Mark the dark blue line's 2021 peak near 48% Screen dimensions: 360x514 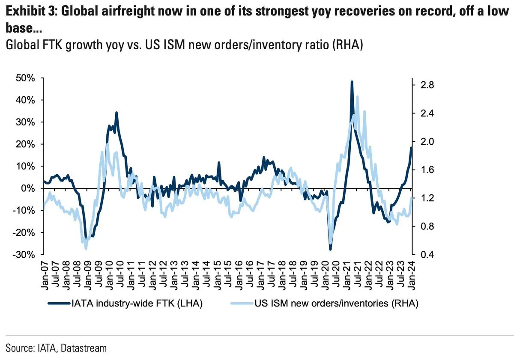[x=352, y=81]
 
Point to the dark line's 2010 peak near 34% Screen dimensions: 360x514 [x=116, y=113]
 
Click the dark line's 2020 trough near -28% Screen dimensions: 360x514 [x=330, y=249]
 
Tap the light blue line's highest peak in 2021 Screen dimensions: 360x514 [x=357, y=97]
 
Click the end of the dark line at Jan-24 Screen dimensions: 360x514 [x=412, y=148]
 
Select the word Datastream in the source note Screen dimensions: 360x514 [x=84, y=348]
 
